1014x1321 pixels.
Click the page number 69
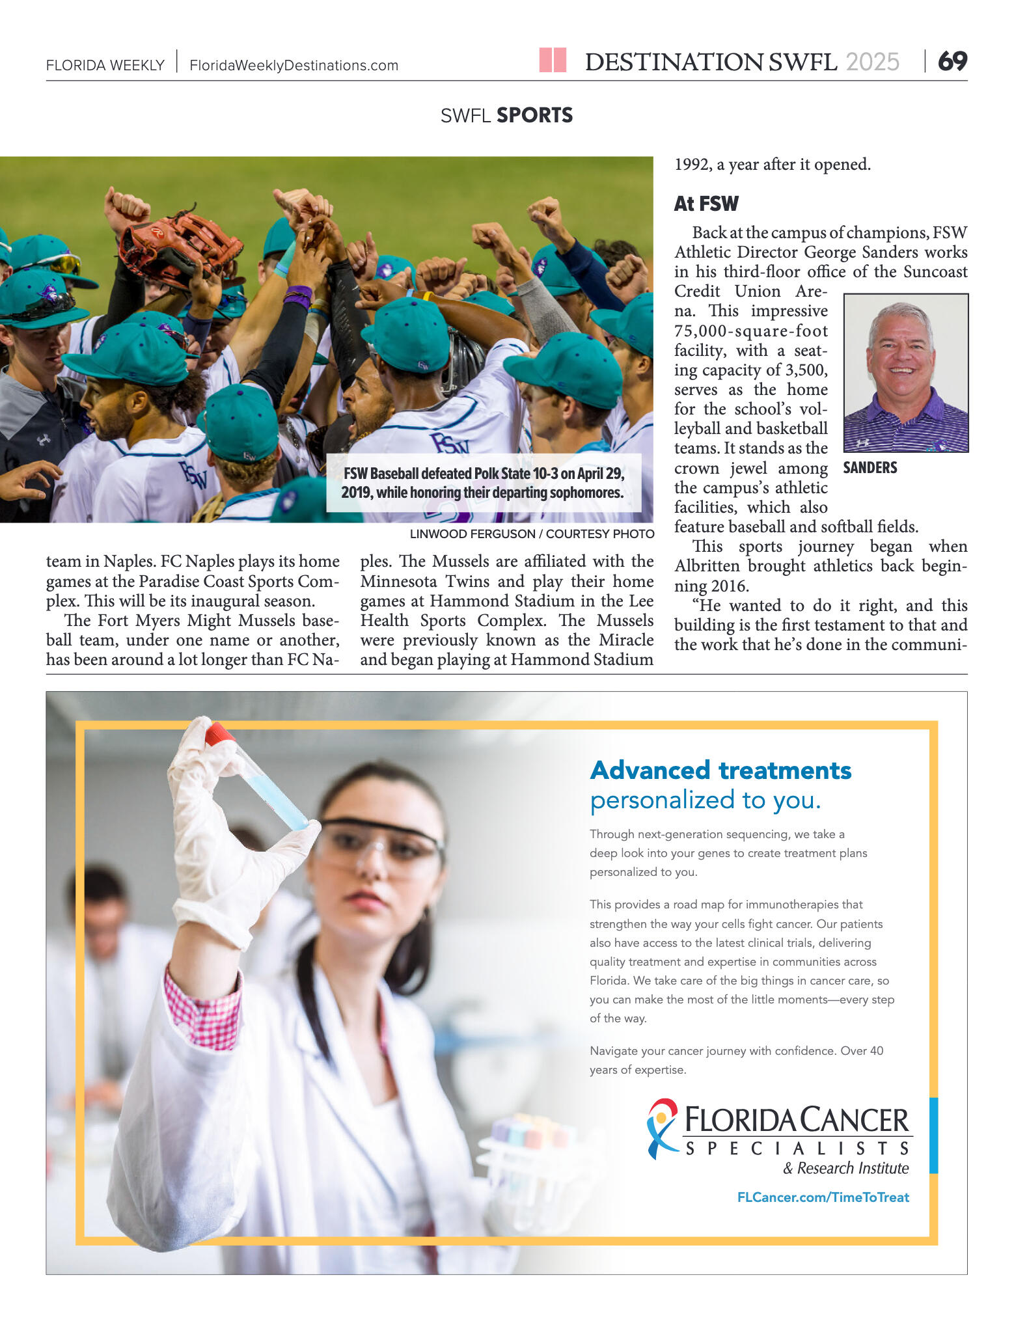[952, 62]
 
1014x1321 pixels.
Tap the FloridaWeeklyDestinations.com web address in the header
[294, 66]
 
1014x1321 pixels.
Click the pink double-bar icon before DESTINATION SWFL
[553, 61]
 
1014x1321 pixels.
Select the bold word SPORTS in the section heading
[534, 116]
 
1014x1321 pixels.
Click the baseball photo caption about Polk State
[483, 483]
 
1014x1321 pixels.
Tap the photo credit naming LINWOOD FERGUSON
[532, 534]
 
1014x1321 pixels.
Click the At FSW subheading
[706, 204]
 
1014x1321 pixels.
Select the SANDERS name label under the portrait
[870, 468]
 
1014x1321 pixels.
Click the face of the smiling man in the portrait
[901, 357]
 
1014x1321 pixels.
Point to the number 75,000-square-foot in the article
[750, 331]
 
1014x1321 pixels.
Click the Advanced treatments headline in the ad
[720, 770]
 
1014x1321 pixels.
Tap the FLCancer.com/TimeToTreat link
[823, 1197]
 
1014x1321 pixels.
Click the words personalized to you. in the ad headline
[706, 800]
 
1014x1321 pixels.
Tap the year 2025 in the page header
[872, 62]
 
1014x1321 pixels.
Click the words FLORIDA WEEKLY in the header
[105, 66]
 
